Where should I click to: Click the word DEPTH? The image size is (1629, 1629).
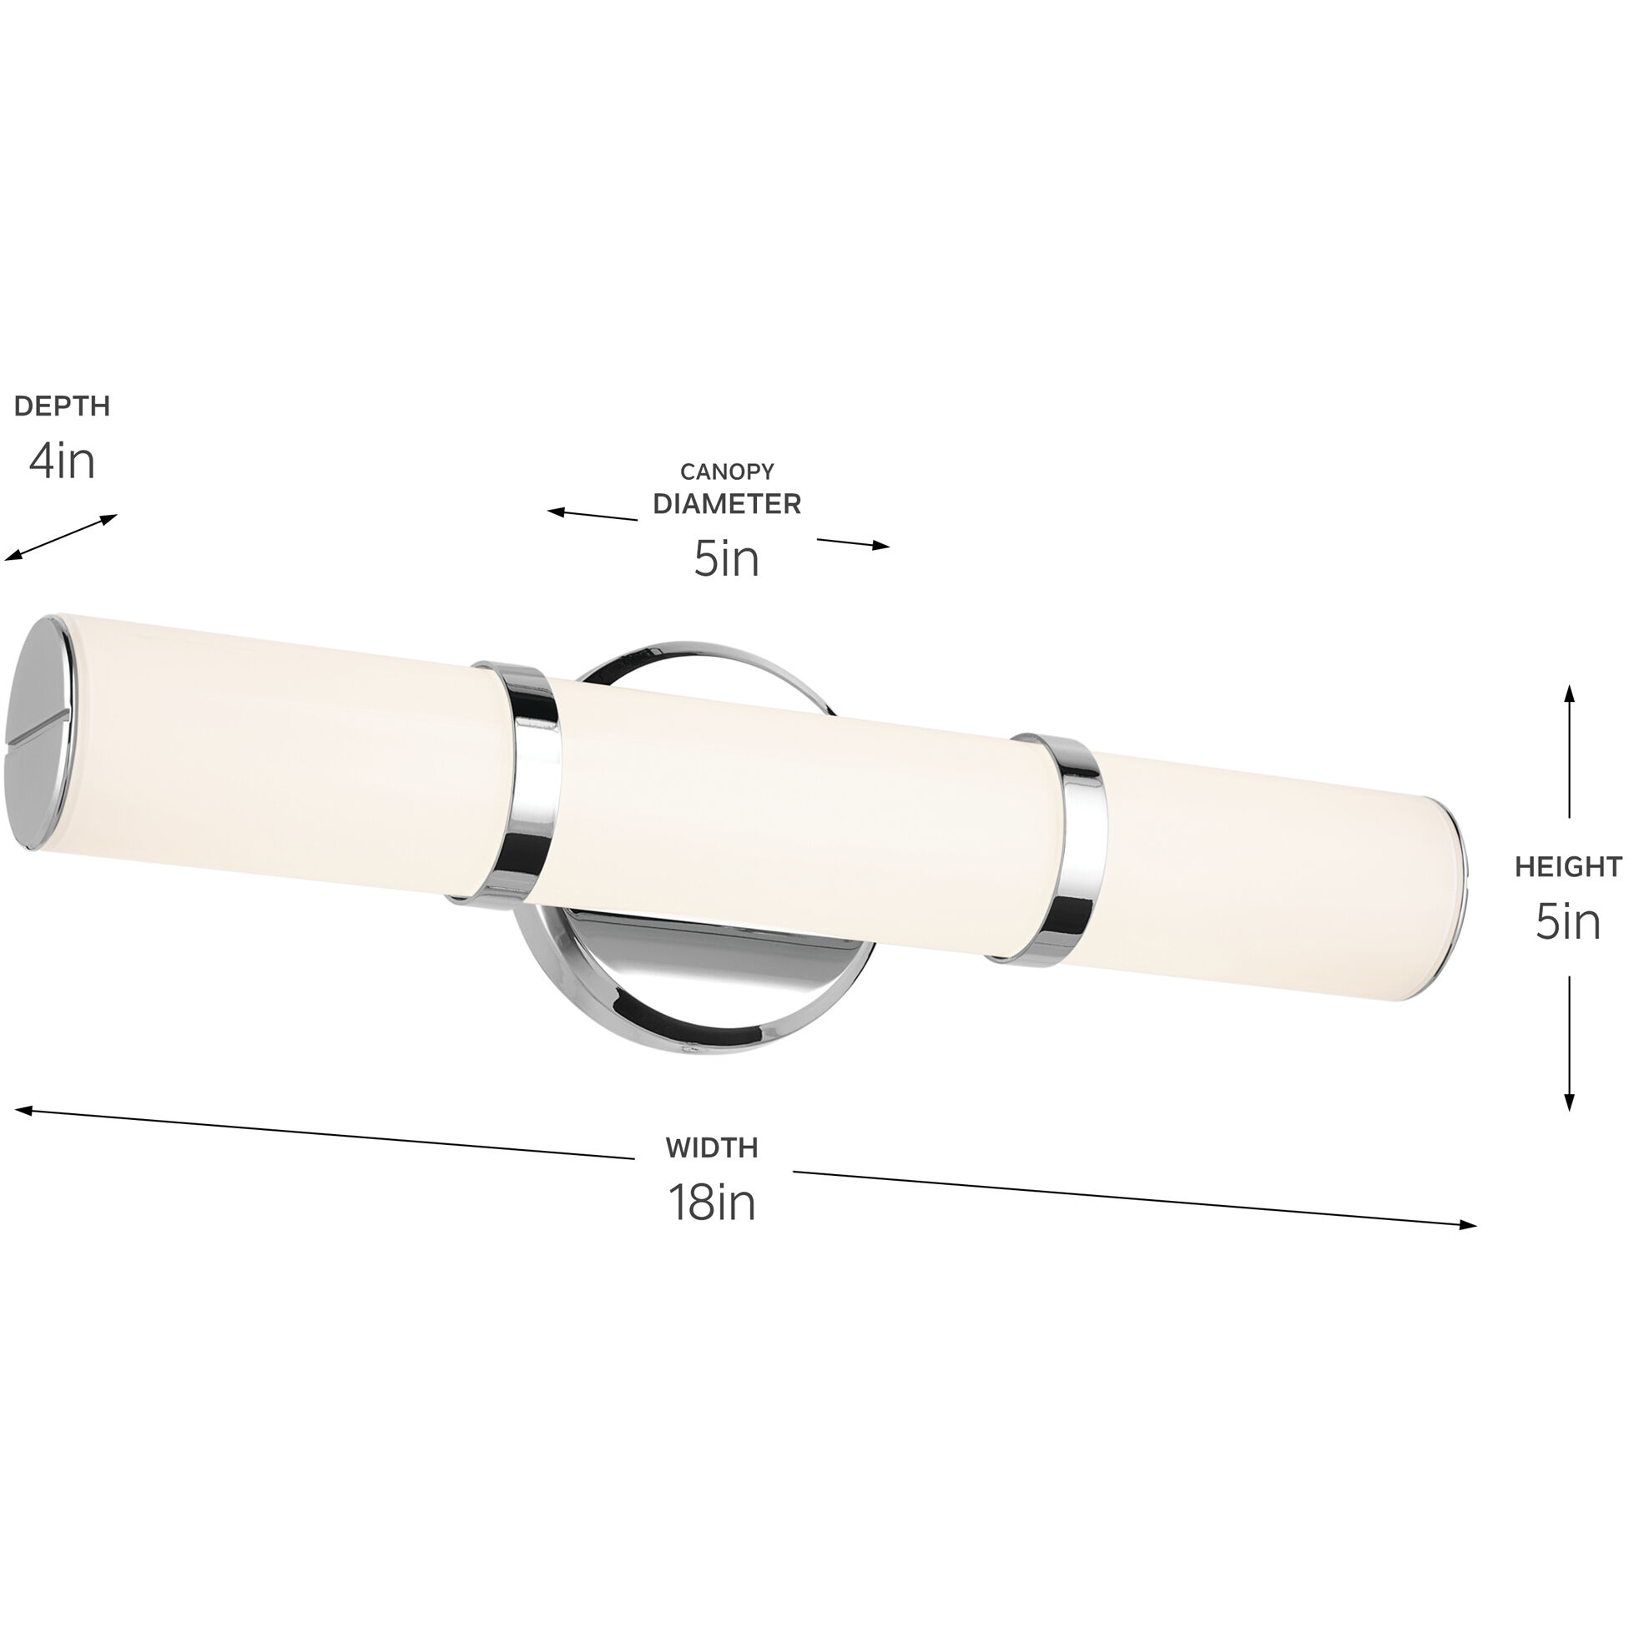pos(63,406)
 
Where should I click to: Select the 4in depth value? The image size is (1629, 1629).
pos(63,461)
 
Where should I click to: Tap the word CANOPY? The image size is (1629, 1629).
pos(727,472)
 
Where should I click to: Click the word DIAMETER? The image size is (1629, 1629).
pos(727,504)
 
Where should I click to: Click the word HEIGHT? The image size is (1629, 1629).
pos(1567,867)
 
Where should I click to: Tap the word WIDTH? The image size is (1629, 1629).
pos(712,1147)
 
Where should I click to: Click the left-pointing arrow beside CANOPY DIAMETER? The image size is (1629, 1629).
pos(557,511)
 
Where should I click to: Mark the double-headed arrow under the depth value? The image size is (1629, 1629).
pos(61,537)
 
